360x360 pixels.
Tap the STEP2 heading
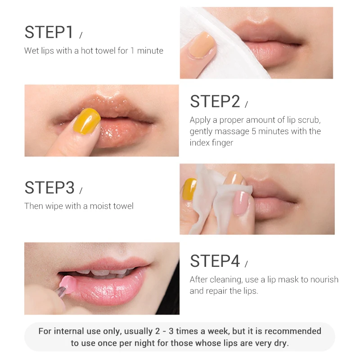pos(215,102)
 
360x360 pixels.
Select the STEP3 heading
pos(49,188)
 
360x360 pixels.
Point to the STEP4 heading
pos(215,261)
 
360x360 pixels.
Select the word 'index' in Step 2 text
pos(200,143)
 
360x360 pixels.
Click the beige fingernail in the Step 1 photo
pos(200,45)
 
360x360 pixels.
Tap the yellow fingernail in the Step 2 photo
pos(87,121)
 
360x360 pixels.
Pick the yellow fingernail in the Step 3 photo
pos(189,189)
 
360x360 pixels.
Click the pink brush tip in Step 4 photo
pos(67,284)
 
